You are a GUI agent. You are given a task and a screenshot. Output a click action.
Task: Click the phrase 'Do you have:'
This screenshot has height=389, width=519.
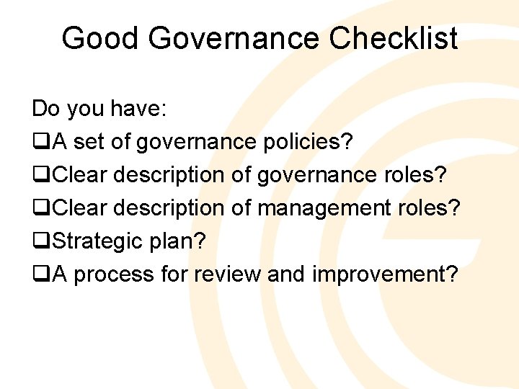click(99, 109)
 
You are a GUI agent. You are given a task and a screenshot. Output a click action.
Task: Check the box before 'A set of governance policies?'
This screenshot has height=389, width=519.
click(41, 143)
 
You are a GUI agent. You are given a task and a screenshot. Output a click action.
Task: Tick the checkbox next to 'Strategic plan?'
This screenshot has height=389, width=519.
click(41, 241)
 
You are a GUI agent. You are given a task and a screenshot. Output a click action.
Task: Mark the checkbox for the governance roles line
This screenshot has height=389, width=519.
click(41, 176)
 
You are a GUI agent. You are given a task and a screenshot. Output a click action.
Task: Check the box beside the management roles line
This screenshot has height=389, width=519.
click(41, 209)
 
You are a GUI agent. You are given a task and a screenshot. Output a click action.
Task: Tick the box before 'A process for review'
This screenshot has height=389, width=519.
click(41, 274)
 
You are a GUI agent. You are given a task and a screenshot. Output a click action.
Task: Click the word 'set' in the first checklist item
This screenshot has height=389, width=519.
click(89, 143)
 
